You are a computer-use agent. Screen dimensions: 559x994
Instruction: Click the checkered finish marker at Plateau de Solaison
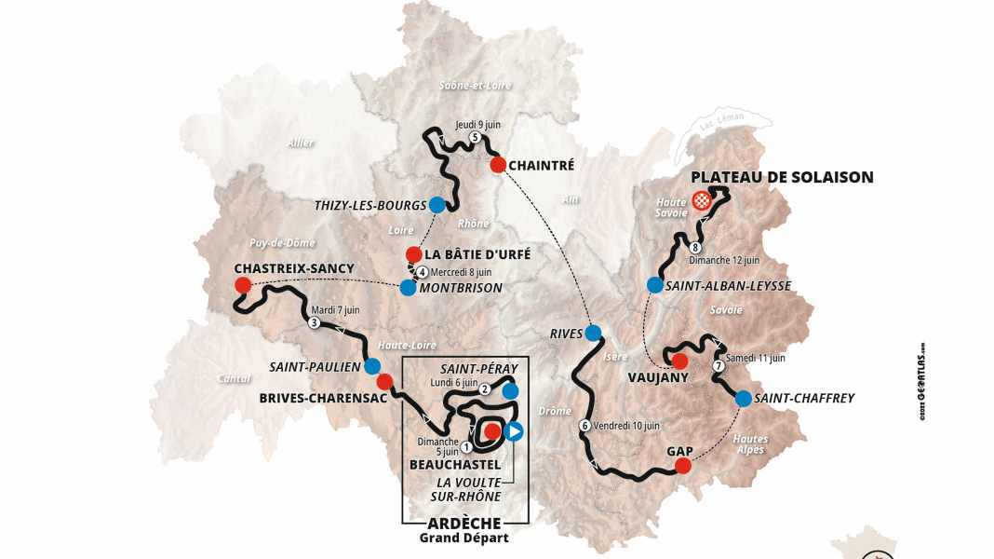tap(703, 199)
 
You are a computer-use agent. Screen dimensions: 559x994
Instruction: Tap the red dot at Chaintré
tap(498, 165)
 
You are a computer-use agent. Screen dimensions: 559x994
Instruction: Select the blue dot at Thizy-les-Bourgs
tap(437, 205)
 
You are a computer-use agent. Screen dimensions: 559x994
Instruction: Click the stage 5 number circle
tap(475, 138)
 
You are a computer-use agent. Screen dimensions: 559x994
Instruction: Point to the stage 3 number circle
tap(314, 323)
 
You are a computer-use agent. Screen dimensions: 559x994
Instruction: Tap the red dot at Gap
tap(683, 466)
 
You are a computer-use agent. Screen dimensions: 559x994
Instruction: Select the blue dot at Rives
tap(594, 333)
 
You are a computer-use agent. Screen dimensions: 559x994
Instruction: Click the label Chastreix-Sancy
tap(294, 268)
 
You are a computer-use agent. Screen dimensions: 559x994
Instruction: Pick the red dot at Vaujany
tap(679, 361)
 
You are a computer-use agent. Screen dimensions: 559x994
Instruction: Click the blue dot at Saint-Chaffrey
tap(744, 399)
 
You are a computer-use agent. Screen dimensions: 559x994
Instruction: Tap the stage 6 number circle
tap(584, 426)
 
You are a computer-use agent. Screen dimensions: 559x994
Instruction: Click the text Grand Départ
tap(464, 538)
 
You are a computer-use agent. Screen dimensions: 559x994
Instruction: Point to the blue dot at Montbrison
tap(408, 289)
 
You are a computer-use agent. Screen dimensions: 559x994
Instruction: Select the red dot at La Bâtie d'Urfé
tap(413, 253)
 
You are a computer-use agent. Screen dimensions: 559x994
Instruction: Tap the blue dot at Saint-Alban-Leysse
tap(655, 285)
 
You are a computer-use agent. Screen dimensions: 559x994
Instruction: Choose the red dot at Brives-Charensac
tap(383, 381)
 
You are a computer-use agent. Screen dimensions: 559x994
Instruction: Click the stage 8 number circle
tap(695, 248)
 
